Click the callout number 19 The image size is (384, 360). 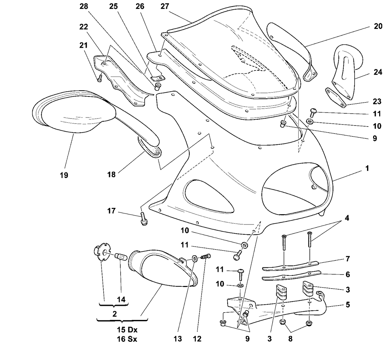[x=64, y=175]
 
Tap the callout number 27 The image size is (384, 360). [x=165, y=6]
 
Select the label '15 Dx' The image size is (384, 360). [x=127, y=330]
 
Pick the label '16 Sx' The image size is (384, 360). [x=127, y=339]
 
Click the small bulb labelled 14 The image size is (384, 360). [x=121, y=257]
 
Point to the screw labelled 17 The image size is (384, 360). [x=143, y=219]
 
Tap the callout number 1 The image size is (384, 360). [x=367, y=168]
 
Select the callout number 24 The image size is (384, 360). [x=378, y=72]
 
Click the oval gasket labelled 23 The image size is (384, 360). [x=336, y=97]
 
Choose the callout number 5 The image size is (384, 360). [x=348, y=305]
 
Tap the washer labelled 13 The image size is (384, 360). [x=194, y=258]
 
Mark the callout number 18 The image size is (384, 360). [x=111, y=175]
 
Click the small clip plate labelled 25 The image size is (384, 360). [x=157, y=78]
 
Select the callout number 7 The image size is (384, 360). [x=348, y=259]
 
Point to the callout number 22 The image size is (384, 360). [x=84, y=27]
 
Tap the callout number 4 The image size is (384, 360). [x=347, y=218]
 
